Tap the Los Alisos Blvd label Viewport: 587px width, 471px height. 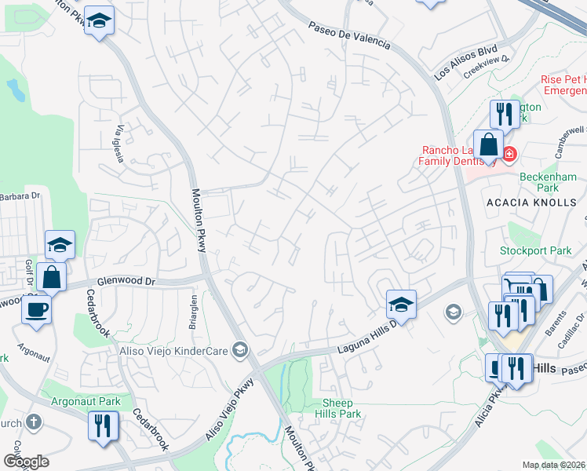click(x=466, y=63)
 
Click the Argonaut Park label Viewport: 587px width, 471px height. click(x=86, y=401)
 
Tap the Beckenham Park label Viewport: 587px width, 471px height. click(x=549, y=183)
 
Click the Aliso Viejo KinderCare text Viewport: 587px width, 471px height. click(x=173, y=349)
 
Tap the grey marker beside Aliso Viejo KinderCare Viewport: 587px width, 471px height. click(x=241, y=349)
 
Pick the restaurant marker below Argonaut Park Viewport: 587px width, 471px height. click(x=103, y=426)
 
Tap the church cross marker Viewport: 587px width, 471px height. click(x=33, y=422)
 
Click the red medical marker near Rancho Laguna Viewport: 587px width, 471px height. click(x=510, y=153)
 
